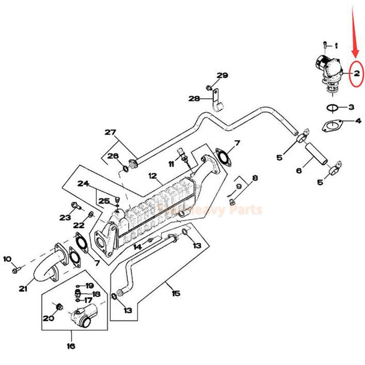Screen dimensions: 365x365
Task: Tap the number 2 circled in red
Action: pos(356,73)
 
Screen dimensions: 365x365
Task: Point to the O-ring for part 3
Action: pos(332,107)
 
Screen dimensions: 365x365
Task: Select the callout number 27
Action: pos(109,133)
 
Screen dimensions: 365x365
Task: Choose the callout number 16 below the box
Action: pos(70,346)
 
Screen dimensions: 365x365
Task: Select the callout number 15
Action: pos(175,293)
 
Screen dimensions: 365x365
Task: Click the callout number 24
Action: pos(84,184)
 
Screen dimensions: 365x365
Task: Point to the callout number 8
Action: pos(254,178)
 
